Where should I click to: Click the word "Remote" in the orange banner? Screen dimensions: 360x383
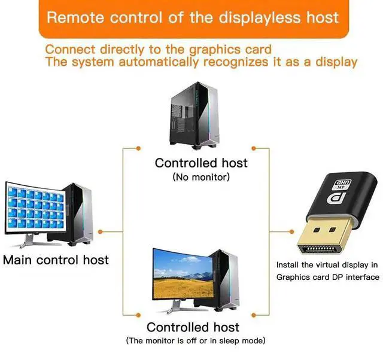[75, 17]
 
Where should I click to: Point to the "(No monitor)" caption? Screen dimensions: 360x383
[201, 177]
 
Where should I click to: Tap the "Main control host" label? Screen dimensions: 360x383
[56, 260]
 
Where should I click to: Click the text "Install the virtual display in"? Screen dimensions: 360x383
[327, 264]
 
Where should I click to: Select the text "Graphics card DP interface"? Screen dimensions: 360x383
[327, 277]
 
